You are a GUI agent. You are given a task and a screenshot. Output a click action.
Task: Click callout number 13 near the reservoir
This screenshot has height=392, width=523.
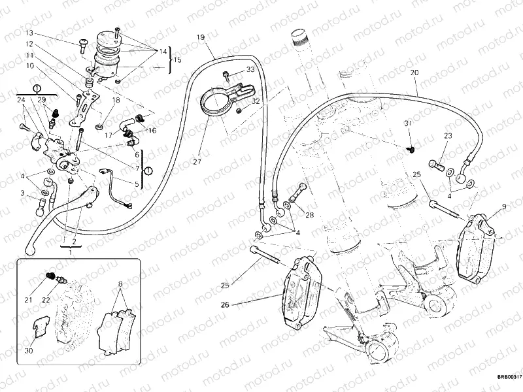pyautogui.click(x=29, y=33)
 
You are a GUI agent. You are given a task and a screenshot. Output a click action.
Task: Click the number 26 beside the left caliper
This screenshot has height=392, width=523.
pyautogui.click(x=226, y=304)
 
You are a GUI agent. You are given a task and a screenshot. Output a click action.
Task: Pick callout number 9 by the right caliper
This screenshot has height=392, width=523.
pyautogui.click(x=504, y=207)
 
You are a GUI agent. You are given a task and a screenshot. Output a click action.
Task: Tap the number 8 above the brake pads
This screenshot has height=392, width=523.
pyautogui.click(x=120, y=284)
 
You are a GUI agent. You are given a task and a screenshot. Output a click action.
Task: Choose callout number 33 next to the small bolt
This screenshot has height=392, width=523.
pyautogui.click(x=250, y=70)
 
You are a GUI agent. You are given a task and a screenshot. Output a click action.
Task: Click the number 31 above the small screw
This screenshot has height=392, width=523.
pyautogui.click(x=407, y=124)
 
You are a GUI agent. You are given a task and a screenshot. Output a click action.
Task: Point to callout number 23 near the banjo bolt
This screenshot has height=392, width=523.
pyautogui.click(x=448, y=136)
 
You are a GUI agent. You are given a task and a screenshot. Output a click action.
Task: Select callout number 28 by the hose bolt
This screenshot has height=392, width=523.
pyautogui.click(x=309, y=215)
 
